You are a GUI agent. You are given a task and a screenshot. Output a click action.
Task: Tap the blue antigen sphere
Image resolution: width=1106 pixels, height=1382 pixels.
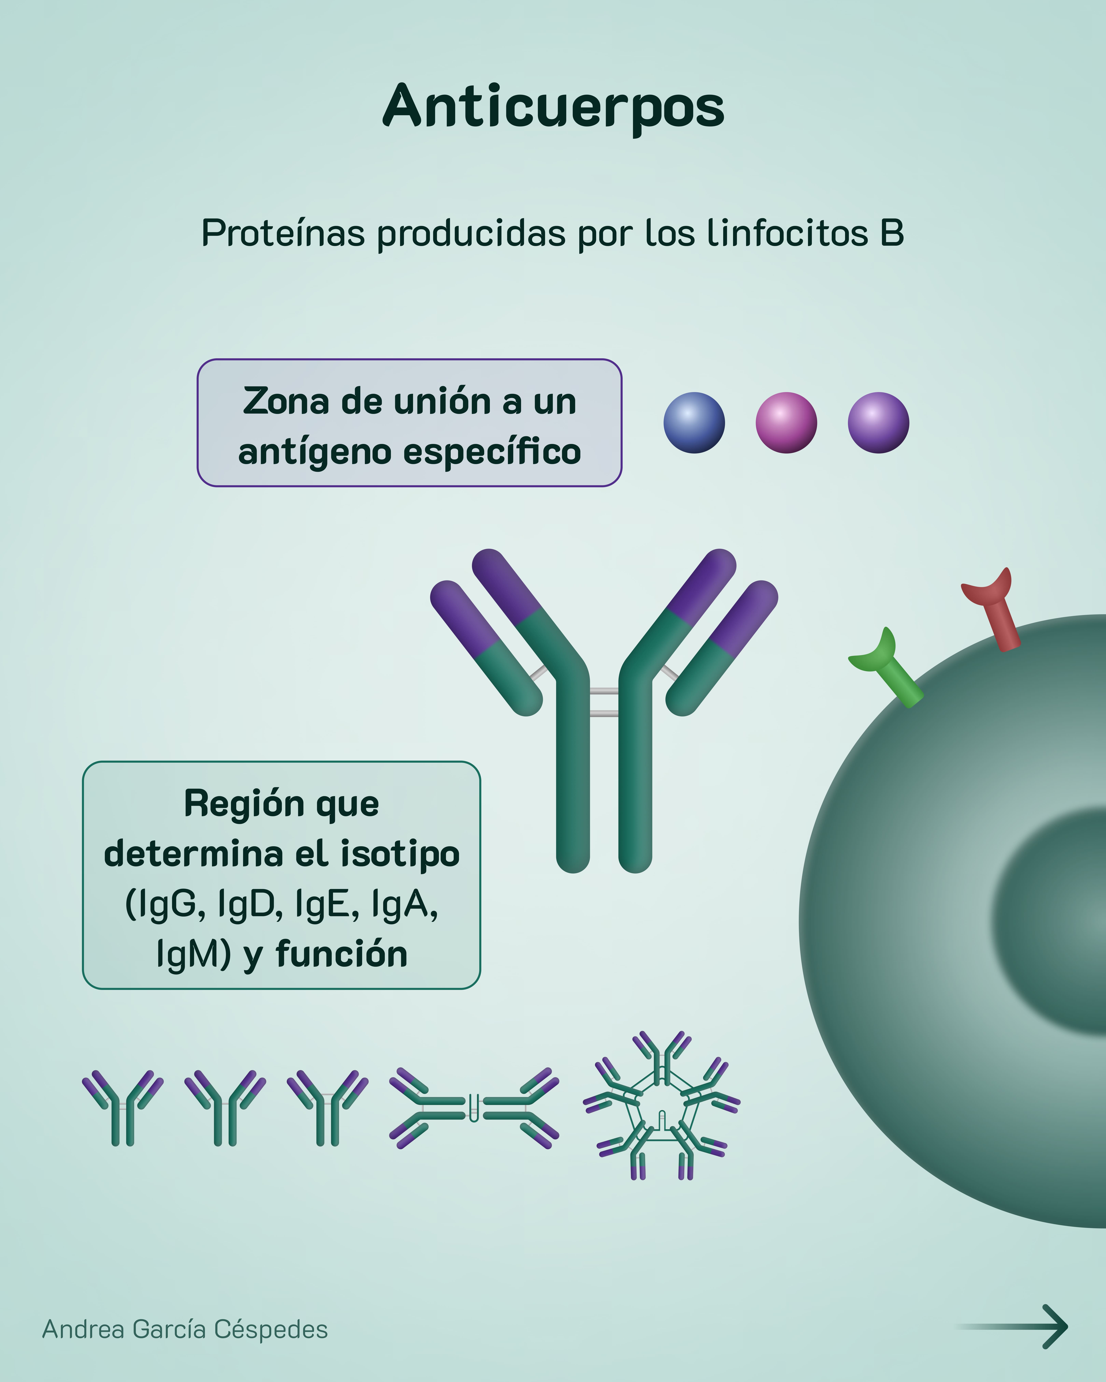[x=694, y=423]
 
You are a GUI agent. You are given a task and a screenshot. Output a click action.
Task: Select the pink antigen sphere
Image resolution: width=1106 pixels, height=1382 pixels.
[x=786, y=423]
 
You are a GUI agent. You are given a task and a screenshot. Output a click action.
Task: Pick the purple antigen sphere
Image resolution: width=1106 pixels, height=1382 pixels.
[x=878, y=423]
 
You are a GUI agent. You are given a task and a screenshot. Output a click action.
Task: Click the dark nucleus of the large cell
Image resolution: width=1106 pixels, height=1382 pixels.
[x=1058, y=923]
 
